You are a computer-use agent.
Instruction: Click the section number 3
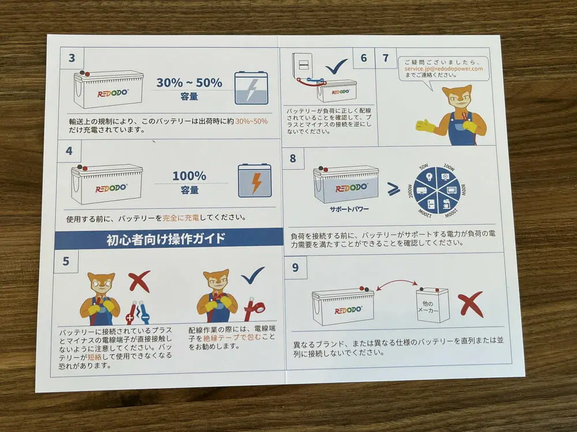(x=72, y=58)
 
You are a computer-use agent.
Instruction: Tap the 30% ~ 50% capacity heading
(x=189, y=82)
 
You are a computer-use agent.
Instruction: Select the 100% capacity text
(x=189, y=176)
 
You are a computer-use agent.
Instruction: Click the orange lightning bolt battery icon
(x=254, y=181)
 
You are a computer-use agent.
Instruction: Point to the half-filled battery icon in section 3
(x=252, y=88)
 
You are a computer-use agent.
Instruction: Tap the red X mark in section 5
(x=139, y=281)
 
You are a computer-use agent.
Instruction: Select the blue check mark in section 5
(x=253, y=275)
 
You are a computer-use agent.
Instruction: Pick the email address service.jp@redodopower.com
(x=443, y=69)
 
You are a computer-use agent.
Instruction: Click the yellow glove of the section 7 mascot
(x=426, y=126)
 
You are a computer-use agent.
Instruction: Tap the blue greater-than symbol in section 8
(x=394, y=189)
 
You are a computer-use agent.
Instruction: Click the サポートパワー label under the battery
(x=349, y=209)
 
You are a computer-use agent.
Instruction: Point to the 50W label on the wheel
(x=424, y=167)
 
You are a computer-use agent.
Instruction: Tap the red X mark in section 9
(x=471, y=304)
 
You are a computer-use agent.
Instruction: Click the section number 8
(x=293, y=158)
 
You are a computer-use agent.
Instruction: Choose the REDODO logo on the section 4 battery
(x=111, y=188)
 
